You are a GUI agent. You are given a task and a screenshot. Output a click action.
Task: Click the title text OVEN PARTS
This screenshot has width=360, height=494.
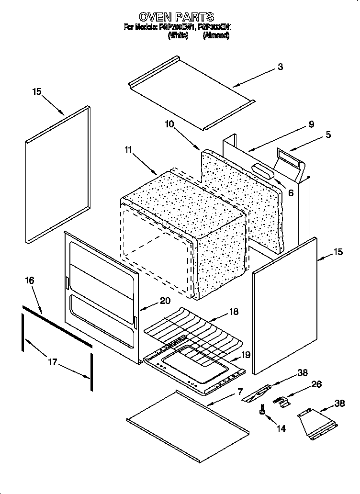pos(176,18)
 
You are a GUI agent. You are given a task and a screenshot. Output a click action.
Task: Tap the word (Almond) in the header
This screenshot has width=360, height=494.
pos(216,35)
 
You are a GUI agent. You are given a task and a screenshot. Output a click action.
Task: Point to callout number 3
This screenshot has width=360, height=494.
pos(280,67)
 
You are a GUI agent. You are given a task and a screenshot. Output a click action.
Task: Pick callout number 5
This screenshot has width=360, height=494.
pos(328,135)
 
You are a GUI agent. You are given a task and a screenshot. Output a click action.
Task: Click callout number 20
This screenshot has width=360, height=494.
pos(165,301)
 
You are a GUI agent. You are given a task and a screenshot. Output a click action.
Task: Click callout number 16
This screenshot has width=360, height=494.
pos(29,281)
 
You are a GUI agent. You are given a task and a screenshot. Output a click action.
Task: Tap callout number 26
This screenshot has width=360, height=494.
pos(316,384)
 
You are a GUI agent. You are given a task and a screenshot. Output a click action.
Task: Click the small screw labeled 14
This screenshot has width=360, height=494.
pos(262,410)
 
